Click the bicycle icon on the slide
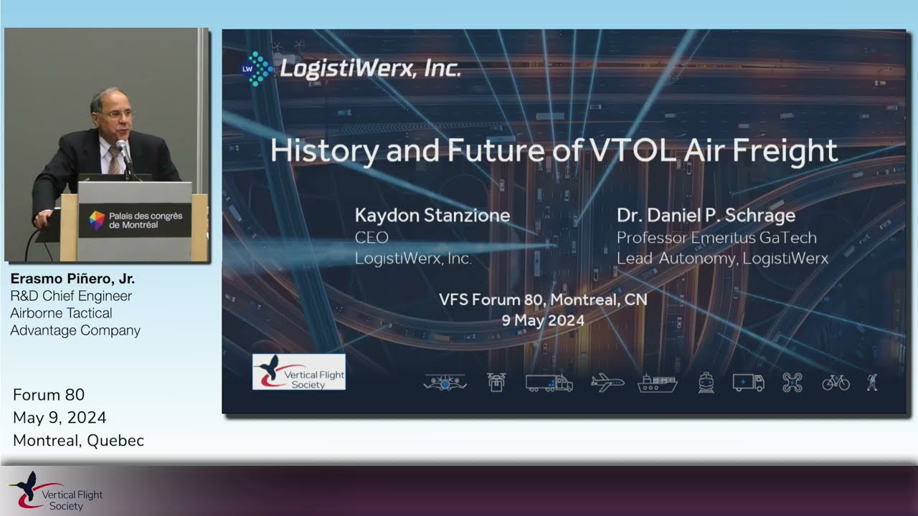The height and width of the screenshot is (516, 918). (x=836, y=383)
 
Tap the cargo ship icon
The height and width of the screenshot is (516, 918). (x=658, y=383)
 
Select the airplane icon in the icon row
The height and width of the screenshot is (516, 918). (x=607, y=383)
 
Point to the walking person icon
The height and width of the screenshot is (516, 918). (x=872, y=383)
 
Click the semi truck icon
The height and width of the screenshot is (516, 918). (x=549, y=383)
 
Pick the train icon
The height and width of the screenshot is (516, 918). (x=706, y=383)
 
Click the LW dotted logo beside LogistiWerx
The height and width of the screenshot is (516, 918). (x=256, y=69)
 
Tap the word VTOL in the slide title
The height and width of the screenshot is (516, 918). (x=633, y=150)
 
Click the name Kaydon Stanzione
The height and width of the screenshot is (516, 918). (x=432, y=216)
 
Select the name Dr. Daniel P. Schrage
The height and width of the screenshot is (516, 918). (x=706, y=216)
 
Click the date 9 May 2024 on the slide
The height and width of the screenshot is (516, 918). (x=543, y=320)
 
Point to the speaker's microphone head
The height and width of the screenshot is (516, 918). (x=121, y=145)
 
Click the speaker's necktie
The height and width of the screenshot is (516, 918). (x=113, y=161)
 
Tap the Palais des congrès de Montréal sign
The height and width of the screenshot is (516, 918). (x=135, y=220)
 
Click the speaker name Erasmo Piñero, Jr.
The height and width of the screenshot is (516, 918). (x=72, y=279)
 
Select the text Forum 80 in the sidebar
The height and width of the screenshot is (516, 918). (x=49, y=395)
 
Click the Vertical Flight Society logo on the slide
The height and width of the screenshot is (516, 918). (x=299, y=372)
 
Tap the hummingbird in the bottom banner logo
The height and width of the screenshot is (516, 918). (x=27, y=483)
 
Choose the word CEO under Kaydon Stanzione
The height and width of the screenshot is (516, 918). (x=372, y=238)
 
